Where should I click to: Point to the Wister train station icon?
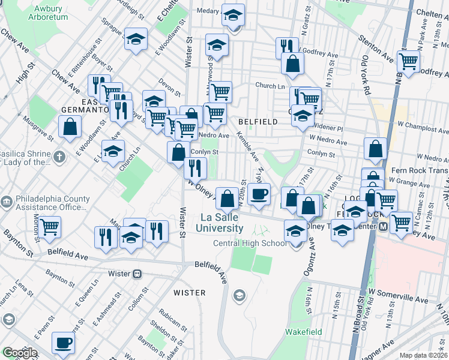point(137,274)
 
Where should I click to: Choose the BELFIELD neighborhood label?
point(258,122)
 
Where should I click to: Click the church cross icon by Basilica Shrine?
point(58,157)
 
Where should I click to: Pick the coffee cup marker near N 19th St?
point(259,194)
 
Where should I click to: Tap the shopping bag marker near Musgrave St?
point(70,127)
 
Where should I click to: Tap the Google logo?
point(19,353)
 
